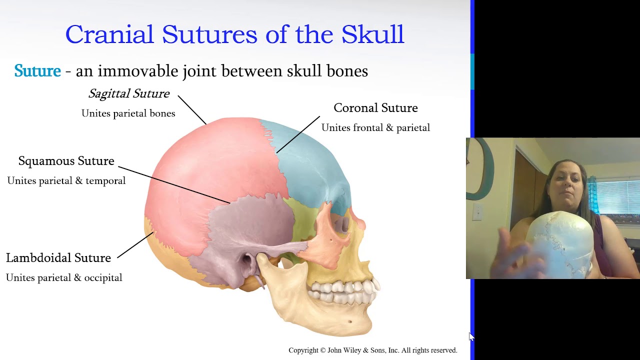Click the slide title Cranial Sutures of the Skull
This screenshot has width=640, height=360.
[234, 34]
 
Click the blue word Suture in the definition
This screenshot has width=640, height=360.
[37, 71]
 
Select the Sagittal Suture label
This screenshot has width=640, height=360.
[129, 93]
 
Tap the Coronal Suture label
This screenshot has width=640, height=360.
[375, 108]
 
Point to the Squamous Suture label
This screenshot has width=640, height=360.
[66, 161]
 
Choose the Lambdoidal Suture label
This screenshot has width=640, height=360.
[58, 258]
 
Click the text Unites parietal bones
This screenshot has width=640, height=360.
[128, 113]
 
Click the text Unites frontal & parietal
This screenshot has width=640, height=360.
[375, 128]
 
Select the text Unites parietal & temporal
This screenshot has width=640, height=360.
[66, 181]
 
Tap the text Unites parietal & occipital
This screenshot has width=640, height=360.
[64, 278]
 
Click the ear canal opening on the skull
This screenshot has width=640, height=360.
[247, 260]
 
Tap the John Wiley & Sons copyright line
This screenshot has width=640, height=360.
[372, 350]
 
